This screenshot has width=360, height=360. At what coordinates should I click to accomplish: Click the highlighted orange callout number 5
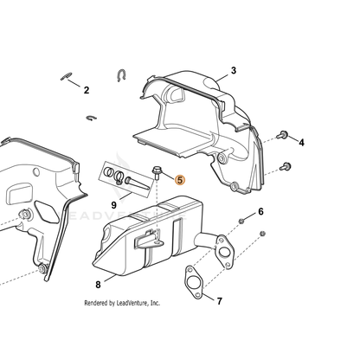[180, 180]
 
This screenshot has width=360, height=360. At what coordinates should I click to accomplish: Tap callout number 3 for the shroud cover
[234, 70]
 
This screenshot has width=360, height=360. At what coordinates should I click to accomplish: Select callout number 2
[87, 90]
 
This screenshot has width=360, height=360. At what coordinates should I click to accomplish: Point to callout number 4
[301, 143]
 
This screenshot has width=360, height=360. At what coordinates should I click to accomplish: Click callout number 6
[260, 212]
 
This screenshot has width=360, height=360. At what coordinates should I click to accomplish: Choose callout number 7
[220, 301]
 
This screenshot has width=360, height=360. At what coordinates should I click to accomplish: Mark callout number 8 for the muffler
[98, 285]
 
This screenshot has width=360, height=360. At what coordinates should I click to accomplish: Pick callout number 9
[114, 205]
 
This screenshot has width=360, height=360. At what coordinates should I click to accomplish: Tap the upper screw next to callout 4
[282, 134]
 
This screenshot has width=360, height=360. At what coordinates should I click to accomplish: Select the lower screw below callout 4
[286, 167]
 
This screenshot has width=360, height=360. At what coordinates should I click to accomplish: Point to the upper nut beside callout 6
[241, 222]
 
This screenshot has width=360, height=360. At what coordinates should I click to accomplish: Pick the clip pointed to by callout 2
[66, 77]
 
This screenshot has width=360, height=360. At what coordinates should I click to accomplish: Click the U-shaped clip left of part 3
[121, 75]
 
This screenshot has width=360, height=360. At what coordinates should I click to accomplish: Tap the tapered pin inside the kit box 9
[137, 183]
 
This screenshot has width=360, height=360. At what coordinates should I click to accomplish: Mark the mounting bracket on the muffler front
[148, 240]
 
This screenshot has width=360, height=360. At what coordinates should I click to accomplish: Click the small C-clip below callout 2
[92, 118]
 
